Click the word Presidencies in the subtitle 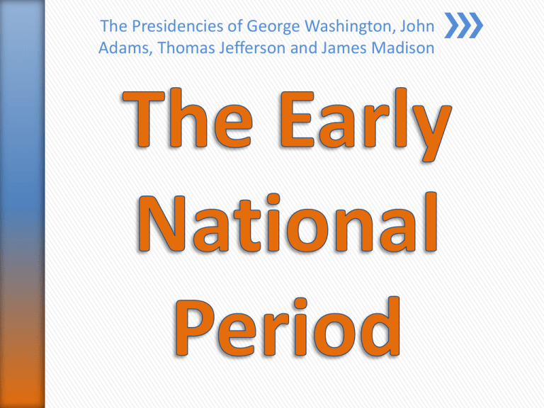coord(165,28)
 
